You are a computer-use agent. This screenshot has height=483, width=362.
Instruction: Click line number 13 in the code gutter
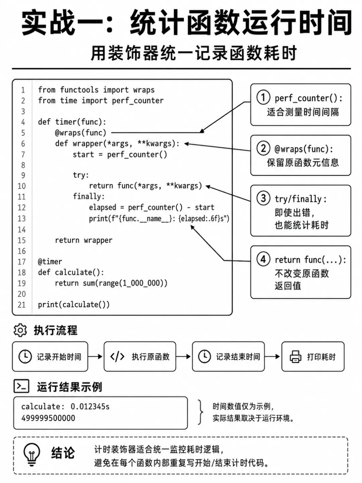pyautogui.click(x=22, y=218)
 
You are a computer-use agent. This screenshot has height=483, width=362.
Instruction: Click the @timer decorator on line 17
pyautogui.click(x=50, y=262)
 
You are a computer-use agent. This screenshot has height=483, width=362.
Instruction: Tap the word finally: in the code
pyautogui.click(x=89, y=196)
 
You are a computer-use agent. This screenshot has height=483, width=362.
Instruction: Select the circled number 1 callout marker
pyautogui.click(x=263, y=98)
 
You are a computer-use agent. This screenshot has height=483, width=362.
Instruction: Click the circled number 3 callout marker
pyautogui.click(x=263, y=198)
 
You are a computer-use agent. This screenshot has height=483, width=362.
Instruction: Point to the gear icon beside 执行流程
pyautogui.click(x=20, y=330)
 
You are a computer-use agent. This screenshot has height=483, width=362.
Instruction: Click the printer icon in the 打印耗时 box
pyautogui.click(x=295, y=357)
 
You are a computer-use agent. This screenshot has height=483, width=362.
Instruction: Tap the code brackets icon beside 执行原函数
pyautogui.click(x=117, y=357)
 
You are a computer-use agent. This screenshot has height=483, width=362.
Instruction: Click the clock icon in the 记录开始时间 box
pyautogui.click(x=25, y=357)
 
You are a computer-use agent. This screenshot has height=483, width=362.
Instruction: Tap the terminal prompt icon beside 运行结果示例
pyautogui.click(x=21, y=386)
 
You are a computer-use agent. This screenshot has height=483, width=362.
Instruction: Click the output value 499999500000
pyautogui.click(x=48, y=418)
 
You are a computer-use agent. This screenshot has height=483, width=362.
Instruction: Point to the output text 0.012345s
pyautogui.click(x=90, y=407)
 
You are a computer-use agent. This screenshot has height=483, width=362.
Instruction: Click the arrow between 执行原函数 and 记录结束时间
pyautogui.click(x=183, y=357)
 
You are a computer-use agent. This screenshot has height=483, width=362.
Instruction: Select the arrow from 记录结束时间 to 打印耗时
pyautogui.click(x=272, y=357)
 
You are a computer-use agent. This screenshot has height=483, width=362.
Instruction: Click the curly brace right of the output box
pyautogui.click(x=200, y=412)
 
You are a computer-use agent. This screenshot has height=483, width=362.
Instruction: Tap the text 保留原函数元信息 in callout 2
pyautogui.click(x=303, y=163)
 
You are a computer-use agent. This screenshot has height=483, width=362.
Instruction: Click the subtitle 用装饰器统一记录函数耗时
pyautogui.click(x=194, y=53)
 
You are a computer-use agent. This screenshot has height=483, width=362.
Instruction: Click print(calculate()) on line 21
pyautogui.click(x=74, y=305)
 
